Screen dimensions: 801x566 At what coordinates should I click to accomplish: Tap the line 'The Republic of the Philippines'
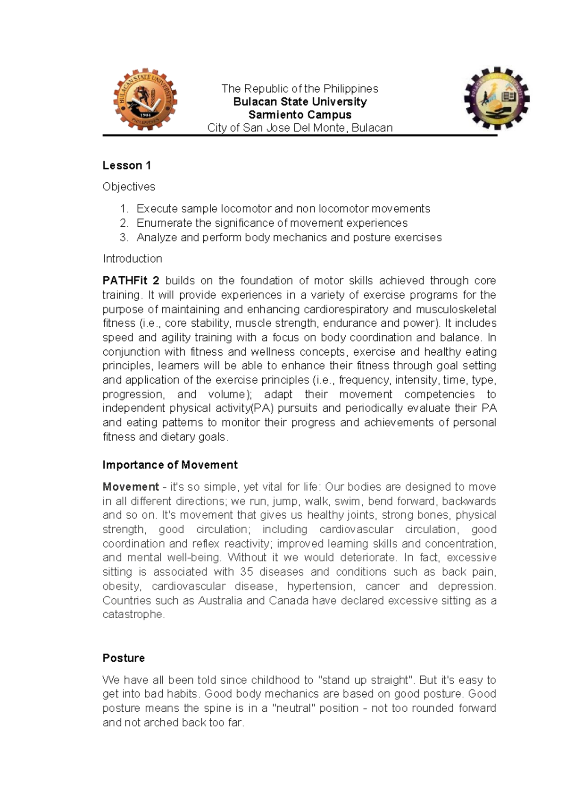300,89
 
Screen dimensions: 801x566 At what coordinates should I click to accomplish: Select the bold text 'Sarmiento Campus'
300,115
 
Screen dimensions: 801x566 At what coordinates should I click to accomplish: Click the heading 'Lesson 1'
126,165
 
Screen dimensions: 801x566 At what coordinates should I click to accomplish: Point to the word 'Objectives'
129,187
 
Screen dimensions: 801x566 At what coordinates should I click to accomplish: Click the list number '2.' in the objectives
124,223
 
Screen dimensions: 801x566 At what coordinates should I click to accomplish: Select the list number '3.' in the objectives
124,238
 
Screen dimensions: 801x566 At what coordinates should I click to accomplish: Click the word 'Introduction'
132,259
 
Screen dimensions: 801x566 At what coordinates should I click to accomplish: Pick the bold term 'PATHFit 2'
131,281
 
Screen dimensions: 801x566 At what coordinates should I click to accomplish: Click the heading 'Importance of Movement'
170,465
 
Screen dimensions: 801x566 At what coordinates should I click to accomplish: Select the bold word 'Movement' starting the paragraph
131,487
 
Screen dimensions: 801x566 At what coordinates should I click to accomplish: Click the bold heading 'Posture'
124,658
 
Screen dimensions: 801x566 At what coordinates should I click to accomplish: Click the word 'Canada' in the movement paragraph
288,601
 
